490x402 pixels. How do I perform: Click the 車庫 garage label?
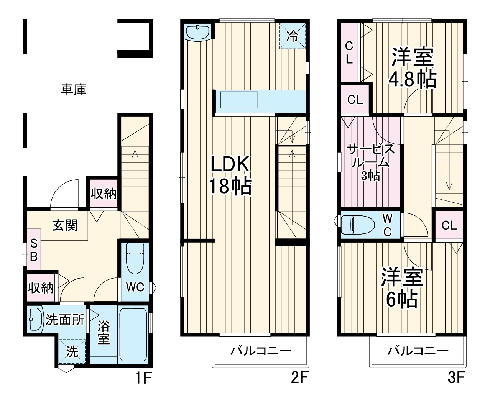(x=74, y=89)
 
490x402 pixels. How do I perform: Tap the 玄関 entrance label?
(x=65, y=225)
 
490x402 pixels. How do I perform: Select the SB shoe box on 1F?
(x=34, y=250)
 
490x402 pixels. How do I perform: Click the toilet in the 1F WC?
(x=134, y=259)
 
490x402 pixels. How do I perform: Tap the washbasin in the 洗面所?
(x=35, y=319)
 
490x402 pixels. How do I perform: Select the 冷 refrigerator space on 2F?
(x=293, y=36)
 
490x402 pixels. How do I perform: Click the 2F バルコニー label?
(x=261, y=351)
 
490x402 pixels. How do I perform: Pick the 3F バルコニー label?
(x=418, y=351)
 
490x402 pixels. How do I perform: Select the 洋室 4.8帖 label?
(x=412, y=68)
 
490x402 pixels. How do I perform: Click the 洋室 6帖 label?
(x=401, y=288)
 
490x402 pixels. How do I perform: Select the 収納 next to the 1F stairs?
(x=103, y=194)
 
